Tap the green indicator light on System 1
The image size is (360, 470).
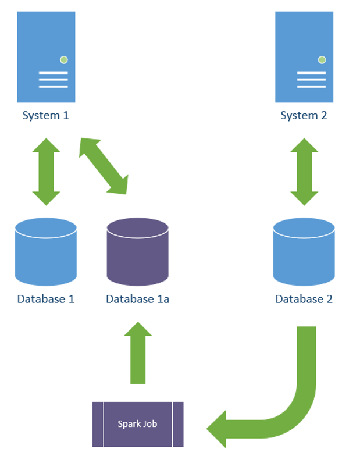pos(63,59)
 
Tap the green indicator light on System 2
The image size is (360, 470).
pos(322,59)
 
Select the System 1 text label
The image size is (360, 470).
pos(45,115)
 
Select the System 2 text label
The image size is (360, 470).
pos(304,115)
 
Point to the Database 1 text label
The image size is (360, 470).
pos(45,300)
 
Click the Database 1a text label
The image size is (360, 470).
pos(137,300)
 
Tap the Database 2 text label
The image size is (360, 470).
pos(304,300)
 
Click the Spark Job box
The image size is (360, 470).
pos(138,424)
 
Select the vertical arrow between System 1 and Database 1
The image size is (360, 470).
pos(46,172)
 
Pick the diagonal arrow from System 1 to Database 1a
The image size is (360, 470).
pos(104,166)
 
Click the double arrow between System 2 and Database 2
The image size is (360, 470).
pos(304,172)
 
